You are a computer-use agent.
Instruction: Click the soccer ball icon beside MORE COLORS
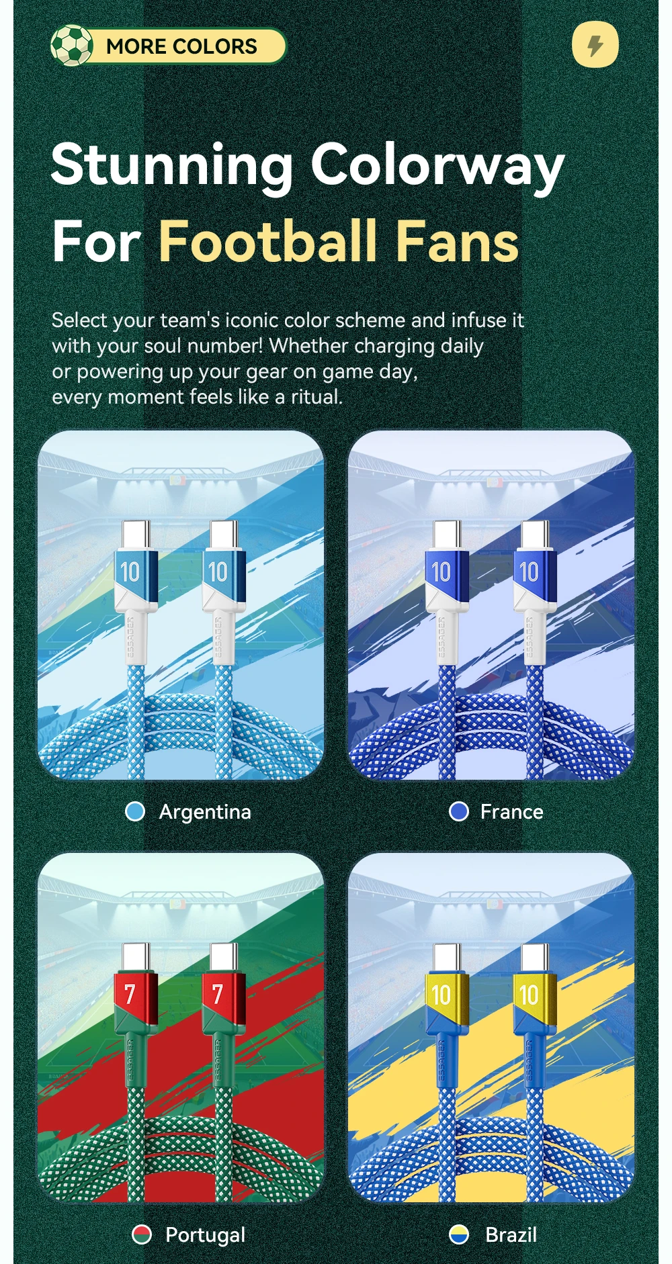point(71,46)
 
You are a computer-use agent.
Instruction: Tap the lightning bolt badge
point(595,45)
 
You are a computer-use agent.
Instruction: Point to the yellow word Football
point(268,241)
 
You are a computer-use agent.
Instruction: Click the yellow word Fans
point(457,241)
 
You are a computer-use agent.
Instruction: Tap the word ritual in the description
point(317,396)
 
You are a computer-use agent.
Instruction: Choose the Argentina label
point(205,812)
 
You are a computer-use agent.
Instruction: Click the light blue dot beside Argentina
point(135,811)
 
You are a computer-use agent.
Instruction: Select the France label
point(511,812)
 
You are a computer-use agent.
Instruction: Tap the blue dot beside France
point(459,811)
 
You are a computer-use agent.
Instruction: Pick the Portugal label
point(206,1235)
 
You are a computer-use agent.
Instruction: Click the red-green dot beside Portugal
point(142,1234)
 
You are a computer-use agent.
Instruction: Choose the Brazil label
point(511,1235)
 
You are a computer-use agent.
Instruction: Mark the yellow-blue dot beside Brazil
point(459,1234)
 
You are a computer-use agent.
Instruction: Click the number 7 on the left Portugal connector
point(130,994)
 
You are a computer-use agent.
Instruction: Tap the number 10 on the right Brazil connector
point(529,995)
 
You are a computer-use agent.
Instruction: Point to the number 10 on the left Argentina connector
point(130,572)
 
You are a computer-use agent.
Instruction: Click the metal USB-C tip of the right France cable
point(536,535)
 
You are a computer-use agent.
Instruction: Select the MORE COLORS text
point(181,46)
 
